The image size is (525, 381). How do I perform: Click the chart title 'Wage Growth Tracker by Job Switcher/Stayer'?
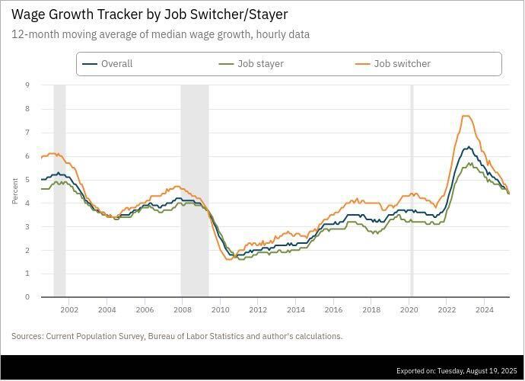(149, 14)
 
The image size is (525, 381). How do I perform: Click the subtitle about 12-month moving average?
(161, 34)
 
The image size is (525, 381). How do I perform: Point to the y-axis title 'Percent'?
(14, 190)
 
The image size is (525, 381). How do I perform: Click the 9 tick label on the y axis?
(27, 85)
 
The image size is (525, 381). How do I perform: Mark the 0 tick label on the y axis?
(27, 297)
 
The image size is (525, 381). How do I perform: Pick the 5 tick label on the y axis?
(27, 180)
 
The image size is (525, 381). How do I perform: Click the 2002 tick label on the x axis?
(69, 309)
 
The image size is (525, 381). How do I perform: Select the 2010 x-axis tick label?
(220, 309)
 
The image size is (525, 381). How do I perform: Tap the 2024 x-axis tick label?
(485, 309)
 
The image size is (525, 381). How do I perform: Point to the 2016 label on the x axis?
(333, 309)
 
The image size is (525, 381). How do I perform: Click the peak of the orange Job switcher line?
(466, 116)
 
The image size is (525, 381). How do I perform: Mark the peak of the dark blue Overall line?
(469, 147)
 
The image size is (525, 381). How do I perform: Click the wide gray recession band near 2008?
(194, 190)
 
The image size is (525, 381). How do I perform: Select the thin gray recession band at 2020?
(412, 190)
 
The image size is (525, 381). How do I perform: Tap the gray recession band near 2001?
(59, 190)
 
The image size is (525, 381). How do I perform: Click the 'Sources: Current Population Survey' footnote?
(177, 336)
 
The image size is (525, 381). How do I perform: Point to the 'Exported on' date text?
(457, 371)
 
